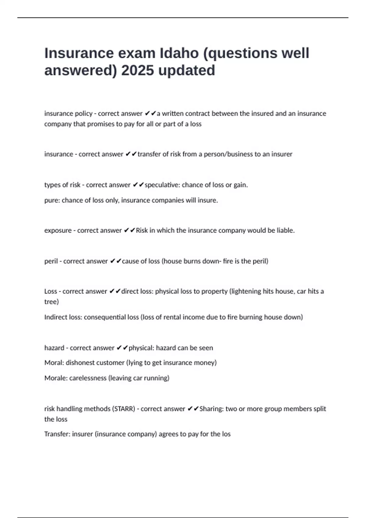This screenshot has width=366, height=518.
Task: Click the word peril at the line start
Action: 51,261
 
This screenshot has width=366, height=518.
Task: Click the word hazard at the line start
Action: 54,348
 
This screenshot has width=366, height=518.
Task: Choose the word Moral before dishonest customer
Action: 54,363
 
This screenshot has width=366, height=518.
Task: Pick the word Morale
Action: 55,378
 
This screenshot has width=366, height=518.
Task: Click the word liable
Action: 285,231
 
